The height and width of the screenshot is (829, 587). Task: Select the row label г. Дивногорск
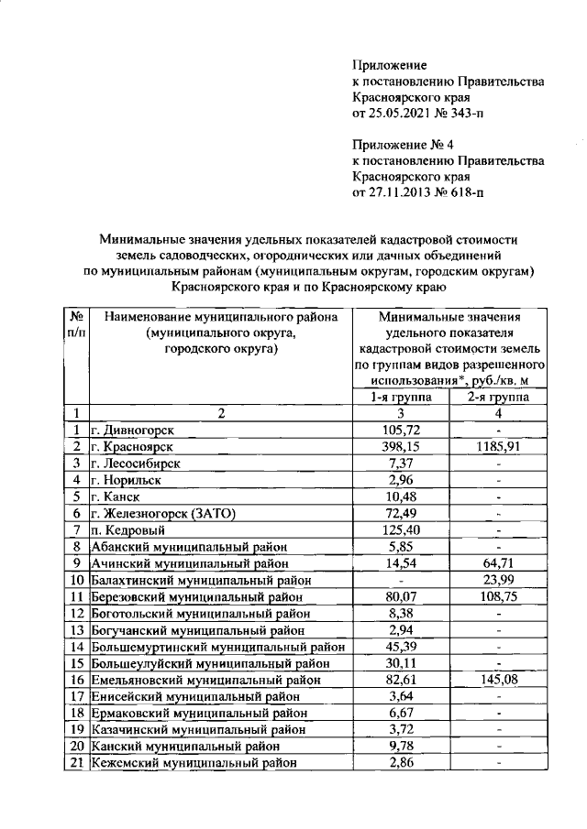[x=133, y=430]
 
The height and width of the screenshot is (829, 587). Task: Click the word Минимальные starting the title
[x=149, y=236]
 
